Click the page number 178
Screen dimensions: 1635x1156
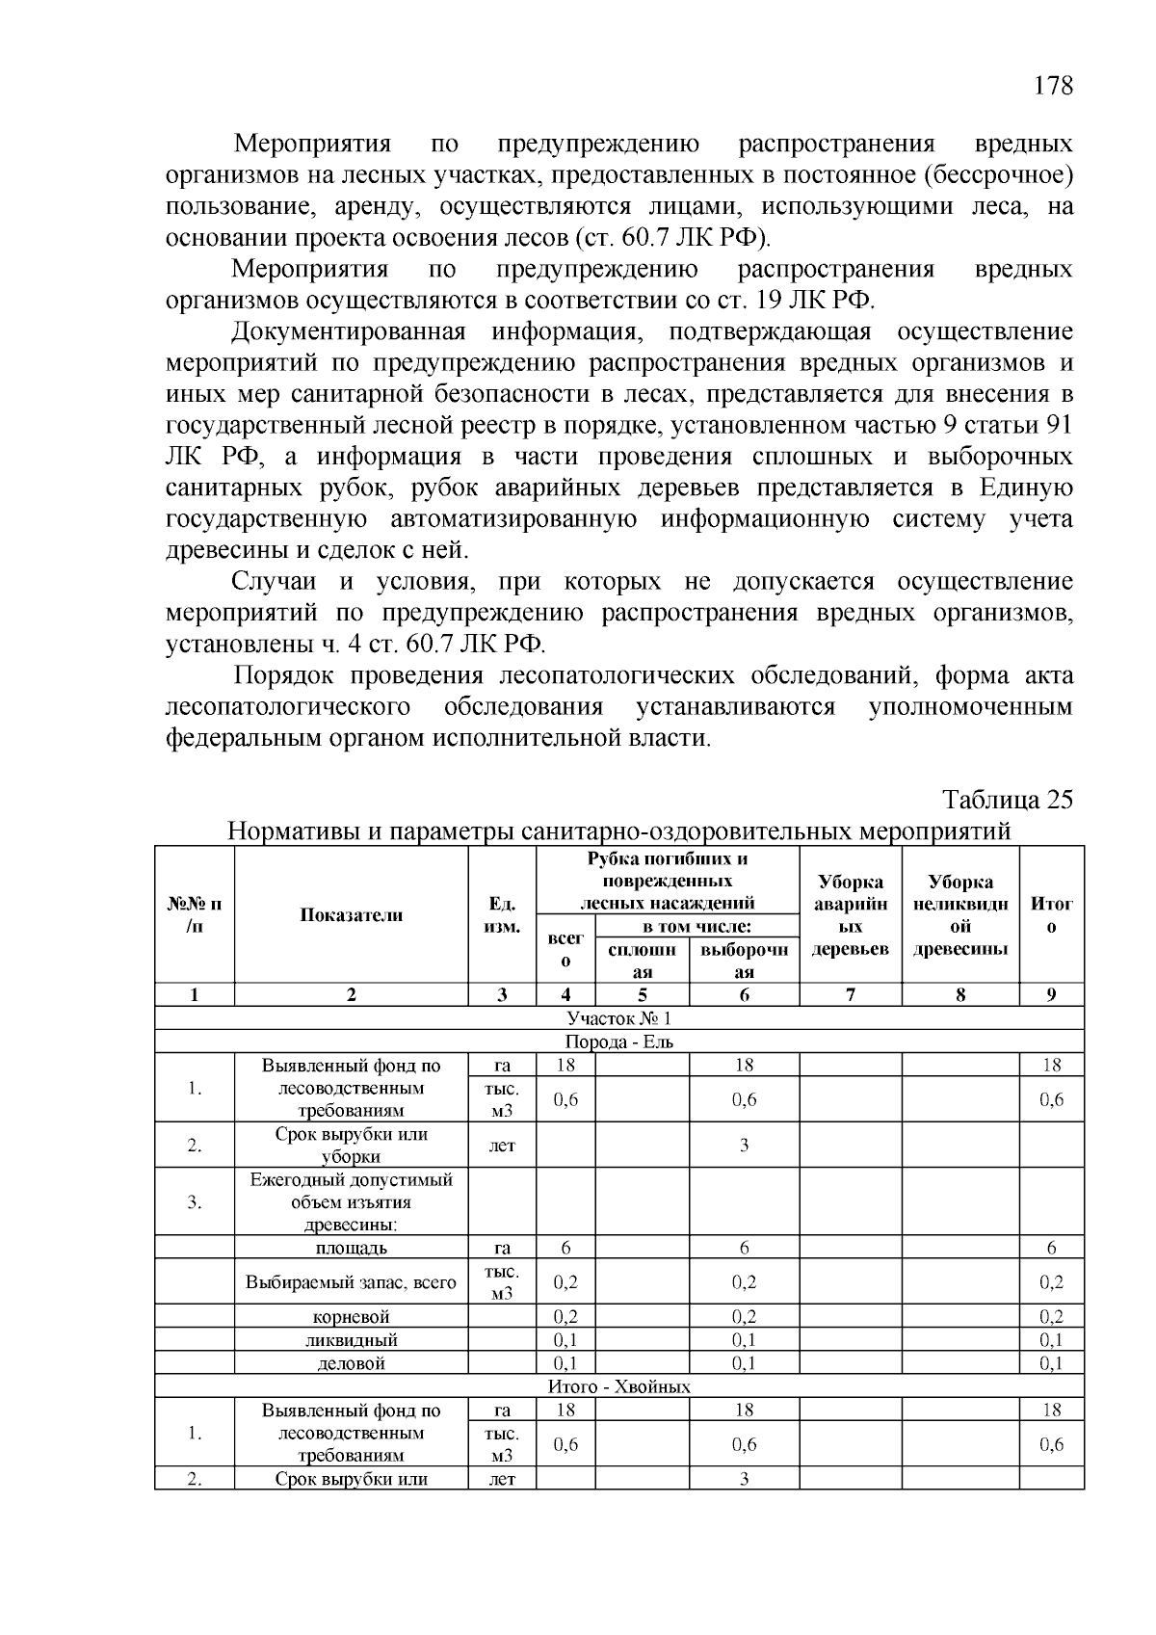[1053, 86]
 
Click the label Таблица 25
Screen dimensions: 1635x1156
[1007, 801]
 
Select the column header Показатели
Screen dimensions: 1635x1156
[351, 915]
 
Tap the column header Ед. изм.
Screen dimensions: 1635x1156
[502, 915]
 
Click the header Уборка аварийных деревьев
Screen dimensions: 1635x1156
[850, 915]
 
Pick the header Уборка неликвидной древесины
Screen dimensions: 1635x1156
[959, 915]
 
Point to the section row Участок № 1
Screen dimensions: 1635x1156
[618, 1018]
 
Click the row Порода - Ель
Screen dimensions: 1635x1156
[618, 1042]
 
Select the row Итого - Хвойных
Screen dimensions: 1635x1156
[618, 1386]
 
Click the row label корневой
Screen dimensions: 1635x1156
[351, 1317]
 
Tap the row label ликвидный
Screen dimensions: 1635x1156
[351, 1340]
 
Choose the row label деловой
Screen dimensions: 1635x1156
[351, 1363]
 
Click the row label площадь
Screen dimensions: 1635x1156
[351, 1249]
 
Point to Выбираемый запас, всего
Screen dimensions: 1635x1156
[351, 1282]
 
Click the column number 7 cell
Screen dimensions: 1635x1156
[850, 995]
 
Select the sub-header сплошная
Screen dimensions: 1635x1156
[642, 961]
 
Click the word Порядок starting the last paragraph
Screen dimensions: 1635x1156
[285, 675]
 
